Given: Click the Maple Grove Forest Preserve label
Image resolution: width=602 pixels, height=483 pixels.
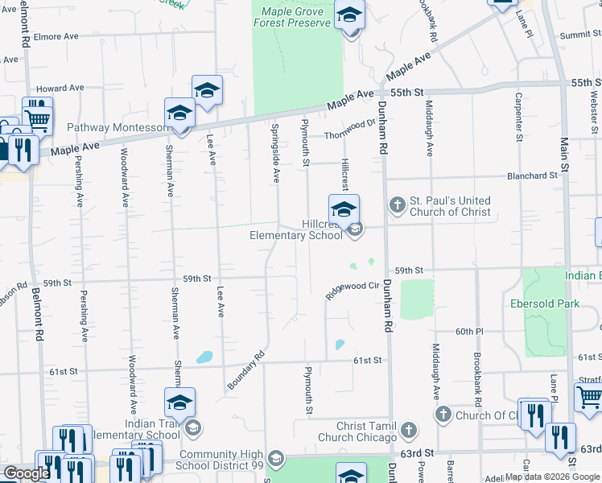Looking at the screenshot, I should [292, 18].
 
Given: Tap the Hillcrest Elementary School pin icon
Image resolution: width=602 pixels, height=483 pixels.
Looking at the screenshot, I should [344, 211].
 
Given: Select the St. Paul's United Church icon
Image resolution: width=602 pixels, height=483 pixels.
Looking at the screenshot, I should [397, 205].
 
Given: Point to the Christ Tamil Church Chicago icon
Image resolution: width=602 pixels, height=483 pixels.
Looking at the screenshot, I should [410, 431].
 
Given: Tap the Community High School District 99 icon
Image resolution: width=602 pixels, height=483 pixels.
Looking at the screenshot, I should [275, 458].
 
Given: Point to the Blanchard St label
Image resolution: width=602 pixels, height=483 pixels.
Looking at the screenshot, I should [532, 175].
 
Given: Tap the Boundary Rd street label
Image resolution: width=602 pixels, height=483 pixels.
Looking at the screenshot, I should [245, 370].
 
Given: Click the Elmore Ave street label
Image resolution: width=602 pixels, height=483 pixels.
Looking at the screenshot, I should [56, 36].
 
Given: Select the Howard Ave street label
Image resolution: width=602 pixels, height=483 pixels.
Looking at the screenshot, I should [60, 88].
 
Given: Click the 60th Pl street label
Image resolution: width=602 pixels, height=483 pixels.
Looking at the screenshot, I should [468, 332].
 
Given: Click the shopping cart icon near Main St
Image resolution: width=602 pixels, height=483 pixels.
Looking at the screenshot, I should [588, 396].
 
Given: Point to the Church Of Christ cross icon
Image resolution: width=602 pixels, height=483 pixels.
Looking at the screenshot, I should [443, 415].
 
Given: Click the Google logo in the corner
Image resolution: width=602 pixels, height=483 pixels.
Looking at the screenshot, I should [27, 473].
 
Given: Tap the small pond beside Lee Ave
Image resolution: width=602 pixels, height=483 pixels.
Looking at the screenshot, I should [204, 357].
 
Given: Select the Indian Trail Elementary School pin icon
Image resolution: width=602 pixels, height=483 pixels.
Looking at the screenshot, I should [179, 402].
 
